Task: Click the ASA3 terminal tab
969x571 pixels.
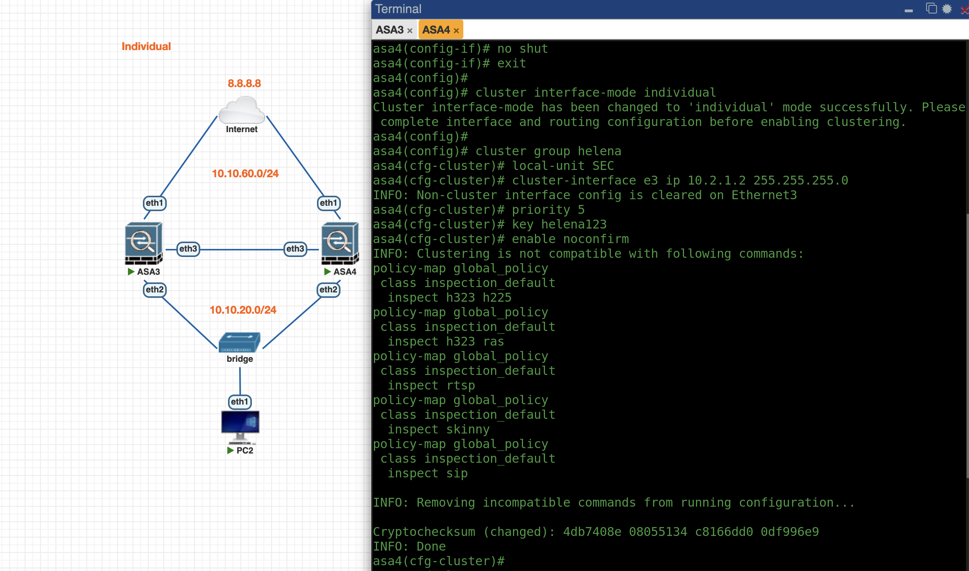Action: [389, 30]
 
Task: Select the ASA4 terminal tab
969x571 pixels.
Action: [436, 30]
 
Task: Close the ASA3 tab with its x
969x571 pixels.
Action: [410, 31]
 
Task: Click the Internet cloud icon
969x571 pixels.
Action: [241, 110]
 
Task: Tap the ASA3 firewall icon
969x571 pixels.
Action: [144, 243]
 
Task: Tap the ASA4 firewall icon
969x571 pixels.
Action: [340, 243]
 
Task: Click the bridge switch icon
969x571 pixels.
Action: [239, 342]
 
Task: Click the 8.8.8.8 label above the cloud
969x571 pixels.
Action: [244, 83]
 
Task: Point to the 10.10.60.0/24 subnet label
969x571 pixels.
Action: [245, 173]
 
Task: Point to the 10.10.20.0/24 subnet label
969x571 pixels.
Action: [243, 310]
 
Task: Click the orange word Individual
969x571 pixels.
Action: [146, 46]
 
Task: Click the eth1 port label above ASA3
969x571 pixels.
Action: [154, 203]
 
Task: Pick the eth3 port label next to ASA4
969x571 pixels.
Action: [295, 249]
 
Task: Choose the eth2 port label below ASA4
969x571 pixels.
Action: [328, 290]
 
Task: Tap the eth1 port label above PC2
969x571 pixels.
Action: [240, 402]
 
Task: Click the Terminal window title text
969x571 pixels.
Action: [398, 9]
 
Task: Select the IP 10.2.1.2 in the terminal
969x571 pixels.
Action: [716, 180]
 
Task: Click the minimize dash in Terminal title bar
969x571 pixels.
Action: [909, 11]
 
